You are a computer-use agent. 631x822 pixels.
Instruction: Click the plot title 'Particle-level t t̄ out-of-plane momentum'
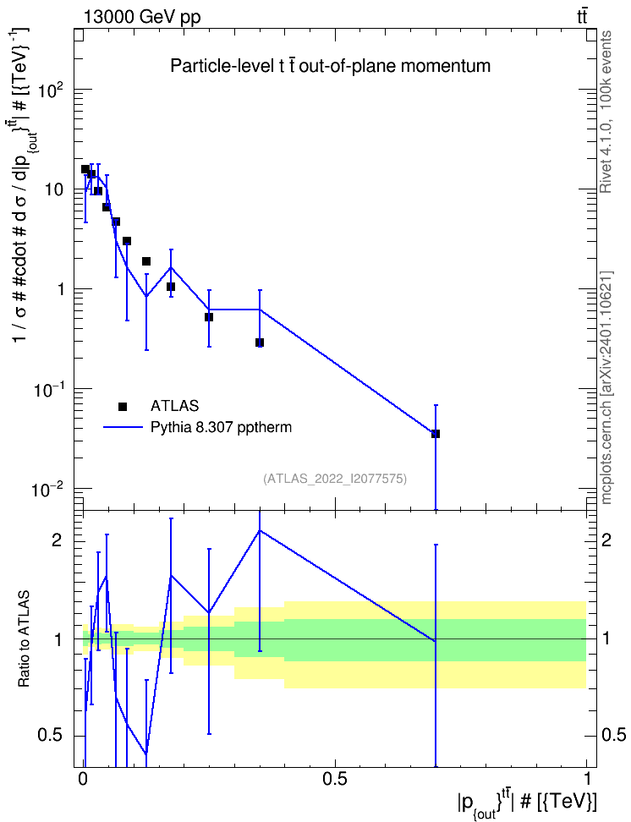coord(331,66)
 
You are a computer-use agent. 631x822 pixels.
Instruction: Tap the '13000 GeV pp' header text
coord(141,18)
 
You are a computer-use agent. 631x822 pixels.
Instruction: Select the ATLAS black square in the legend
coord(122,406)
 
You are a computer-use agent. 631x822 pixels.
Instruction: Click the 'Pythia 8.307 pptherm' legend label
coord(221,428)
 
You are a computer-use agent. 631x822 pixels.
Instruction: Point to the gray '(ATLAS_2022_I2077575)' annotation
coord(335,478)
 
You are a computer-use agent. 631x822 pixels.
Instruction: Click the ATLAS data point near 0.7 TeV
coord(436,434)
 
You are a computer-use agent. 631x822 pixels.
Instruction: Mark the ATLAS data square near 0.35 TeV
coord(260,342)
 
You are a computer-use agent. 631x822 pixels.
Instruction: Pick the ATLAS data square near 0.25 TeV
coord(209,317)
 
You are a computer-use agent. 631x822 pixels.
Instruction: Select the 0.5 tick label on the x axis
coord(335,779)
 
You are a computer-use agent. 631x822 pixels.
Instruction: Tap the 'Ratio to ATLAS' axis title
coord(25,638)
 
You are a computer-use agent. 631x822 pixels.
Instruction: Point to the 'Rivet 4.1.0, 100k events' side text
coord(606,112)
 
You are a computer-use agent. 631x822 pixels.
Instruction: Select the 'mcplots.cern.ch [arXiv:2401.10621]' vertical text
coord(606,387)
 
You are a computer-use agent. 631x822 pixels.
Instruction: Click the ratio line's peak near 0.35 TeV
coord(260,530)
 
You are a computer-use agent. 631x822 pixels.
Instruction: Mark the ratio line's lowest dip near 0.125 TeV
coord(146,753)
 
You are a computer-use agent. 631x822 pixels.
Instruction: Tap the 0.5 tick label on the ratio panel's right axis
coord(613,735)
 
